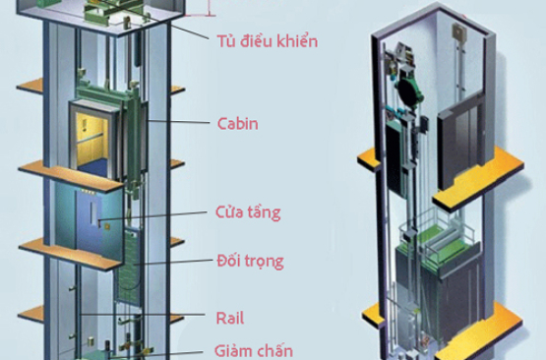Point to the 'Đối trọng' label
point(249,261)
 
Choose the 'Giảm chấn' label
point(253,349)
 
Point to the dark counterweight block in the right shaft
point(406,157)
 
